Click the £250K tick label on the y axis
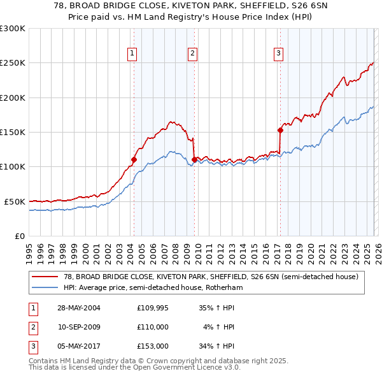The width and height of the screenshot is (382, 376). click(13, 63)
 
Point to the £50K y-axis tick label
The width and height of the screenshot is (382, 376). click(15, 201)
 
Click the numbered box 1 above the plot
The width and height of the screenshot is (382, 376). click(132, 54)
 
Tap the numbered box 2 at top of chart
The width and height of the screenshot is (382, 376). click(192, 54)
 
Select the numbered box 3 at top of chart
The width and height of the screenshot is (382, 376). click(279, 54)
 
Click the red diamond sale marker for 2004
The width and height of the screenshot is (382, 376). click(134, 160)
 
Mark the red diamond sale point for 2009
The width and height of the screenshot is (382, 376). click(194, 159)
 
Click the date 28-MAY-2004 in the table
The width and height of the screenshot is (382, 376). click(79, 307)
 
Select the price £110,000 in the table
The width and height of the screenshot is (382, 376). click(153, 326)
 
